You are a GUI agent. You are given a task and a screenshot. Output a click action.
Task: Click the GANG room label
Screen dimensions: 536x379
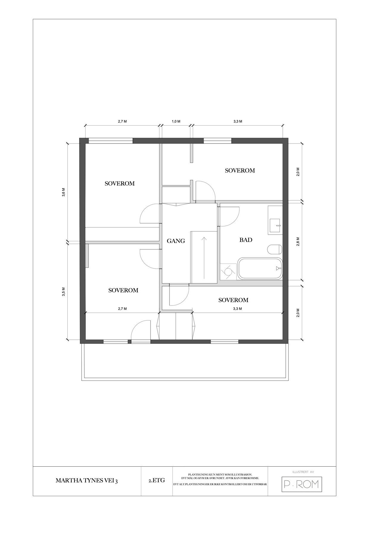pyautogui.click(x=176, y=241)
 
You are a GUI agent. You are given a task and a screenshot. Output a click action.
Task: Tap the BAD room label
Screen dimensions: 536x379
pyautogui.click(x=246, y=240)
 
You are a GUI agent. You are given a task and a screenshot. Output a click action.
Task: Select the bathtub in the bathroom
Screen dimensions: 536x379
pyautogui.click(x=260, y=268)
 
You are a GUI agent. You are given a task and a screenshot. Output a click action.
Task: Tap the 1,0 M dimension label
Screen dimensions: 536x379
pyautogui.click(x=176, y=121)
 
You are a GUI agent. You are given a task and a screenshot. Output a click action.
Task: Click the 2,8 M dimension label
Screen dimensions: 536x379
pyautogui.click(x=298, y=241)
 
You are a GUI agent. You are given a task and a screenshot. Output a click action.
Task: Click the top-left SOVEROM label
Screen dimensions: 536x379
pyautogui.click(x=119, y=183)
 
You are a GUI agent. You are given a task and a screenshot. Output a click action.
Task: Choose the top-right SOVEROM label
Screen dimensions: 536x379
pyautogui.click(x=240, y=171)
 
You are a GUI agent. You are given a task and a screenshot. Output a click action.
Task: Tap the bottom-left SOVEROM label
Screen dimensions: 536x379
pyautogui.click(x=123, y=290)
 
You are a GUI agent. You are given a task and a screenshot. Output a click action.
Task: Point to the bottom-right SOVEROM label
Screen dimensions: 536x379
pyautogui.click(x=233, y=300)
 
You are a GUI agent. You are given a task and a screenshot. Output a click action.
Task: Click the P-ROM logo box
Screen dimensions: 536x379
pyautogui.click(x=302, y=484)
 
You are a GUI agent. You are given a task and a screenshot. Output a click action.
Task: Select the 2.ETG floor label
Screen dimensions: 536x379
pyautogui.click(x=157, y=480)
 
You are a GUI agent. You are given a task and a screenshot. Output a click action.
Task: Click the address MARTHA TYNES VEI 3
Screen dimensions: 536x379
pyautogui.click(x=87, y=481)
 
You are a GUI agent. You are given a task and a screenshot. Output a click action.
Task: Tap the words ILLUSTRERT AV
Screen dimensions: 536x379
pyautogui.click(x=302, y=472)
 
